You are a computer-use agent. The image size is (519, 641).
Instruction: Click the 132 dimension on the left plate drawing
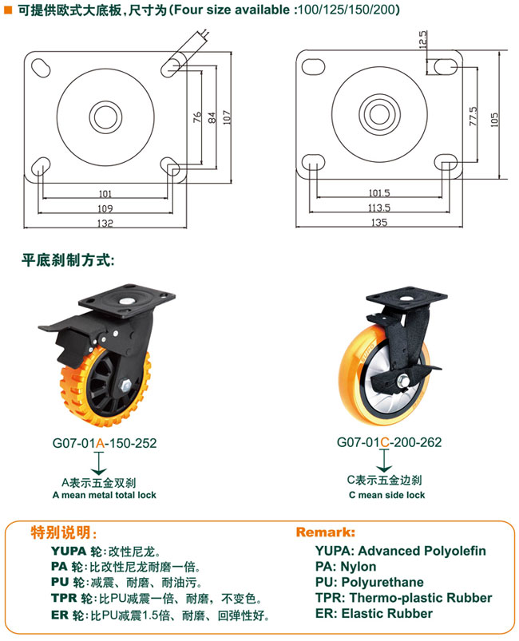[x=105, y=224]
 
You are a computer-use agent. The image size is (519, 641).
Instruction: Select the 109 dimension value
[x=105, y=208]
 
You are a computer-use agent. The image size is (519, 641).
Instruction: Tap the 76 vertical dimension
[x=197, y=117]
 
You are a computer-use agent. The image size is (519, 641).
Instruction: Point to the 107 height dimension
[x=227, y=117]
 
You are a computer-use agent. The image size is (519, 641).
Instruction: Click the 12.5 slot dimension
[x=423, y=40]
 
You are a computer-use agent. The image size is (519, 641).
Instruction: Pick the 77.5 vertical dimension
[x=473, y=117]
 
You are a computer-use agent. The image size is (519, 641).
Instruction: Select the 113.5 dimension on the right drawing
[x=379, y=208]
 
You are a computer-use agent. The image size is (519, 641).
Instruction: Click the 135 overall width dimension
[x=379, y=223]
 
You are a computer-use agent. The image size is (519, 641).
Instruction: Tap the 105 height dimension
[x=494, y=120]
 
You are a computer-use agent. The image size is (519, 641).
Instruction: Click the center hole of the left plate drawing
[x=105, y=117]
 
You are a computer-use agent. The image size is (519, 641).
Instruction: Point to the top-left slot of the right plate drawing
[x=313, y=66]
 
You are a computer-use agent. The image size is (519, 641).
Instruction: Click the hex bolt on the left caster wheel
[x=125, y=386]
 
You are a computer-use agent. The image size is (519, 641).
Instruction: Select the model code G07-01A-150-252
[x=105, y=443]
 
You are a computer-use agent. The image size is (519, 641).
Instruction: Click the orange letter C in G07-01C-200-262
[x=384, y=442]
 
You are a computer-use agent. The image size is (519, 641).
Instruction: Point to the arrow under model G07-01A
[x=99, y=463]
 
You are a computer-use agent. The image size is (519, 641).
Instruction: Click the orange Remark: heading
[x=326, y=532]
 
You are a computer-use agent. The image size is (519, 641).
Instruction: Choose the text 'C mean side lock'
[x=387, y=495]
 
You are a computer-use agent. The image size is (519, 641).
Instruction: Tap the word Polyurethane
[x=382, y=582]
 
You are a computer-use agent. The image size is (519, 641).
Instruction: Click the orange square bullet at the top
[x=8, y=10]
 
